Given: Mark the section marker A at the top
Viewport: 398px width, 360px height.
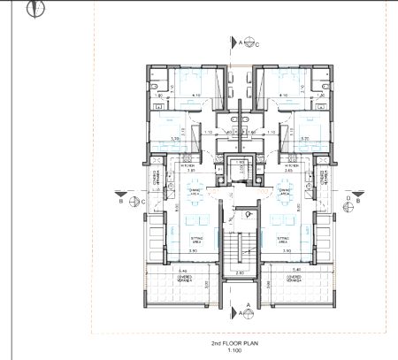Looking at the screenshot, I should point(238,42).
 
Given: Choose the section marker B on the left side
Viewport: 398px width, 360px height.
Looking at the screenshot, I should point(121,202).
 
